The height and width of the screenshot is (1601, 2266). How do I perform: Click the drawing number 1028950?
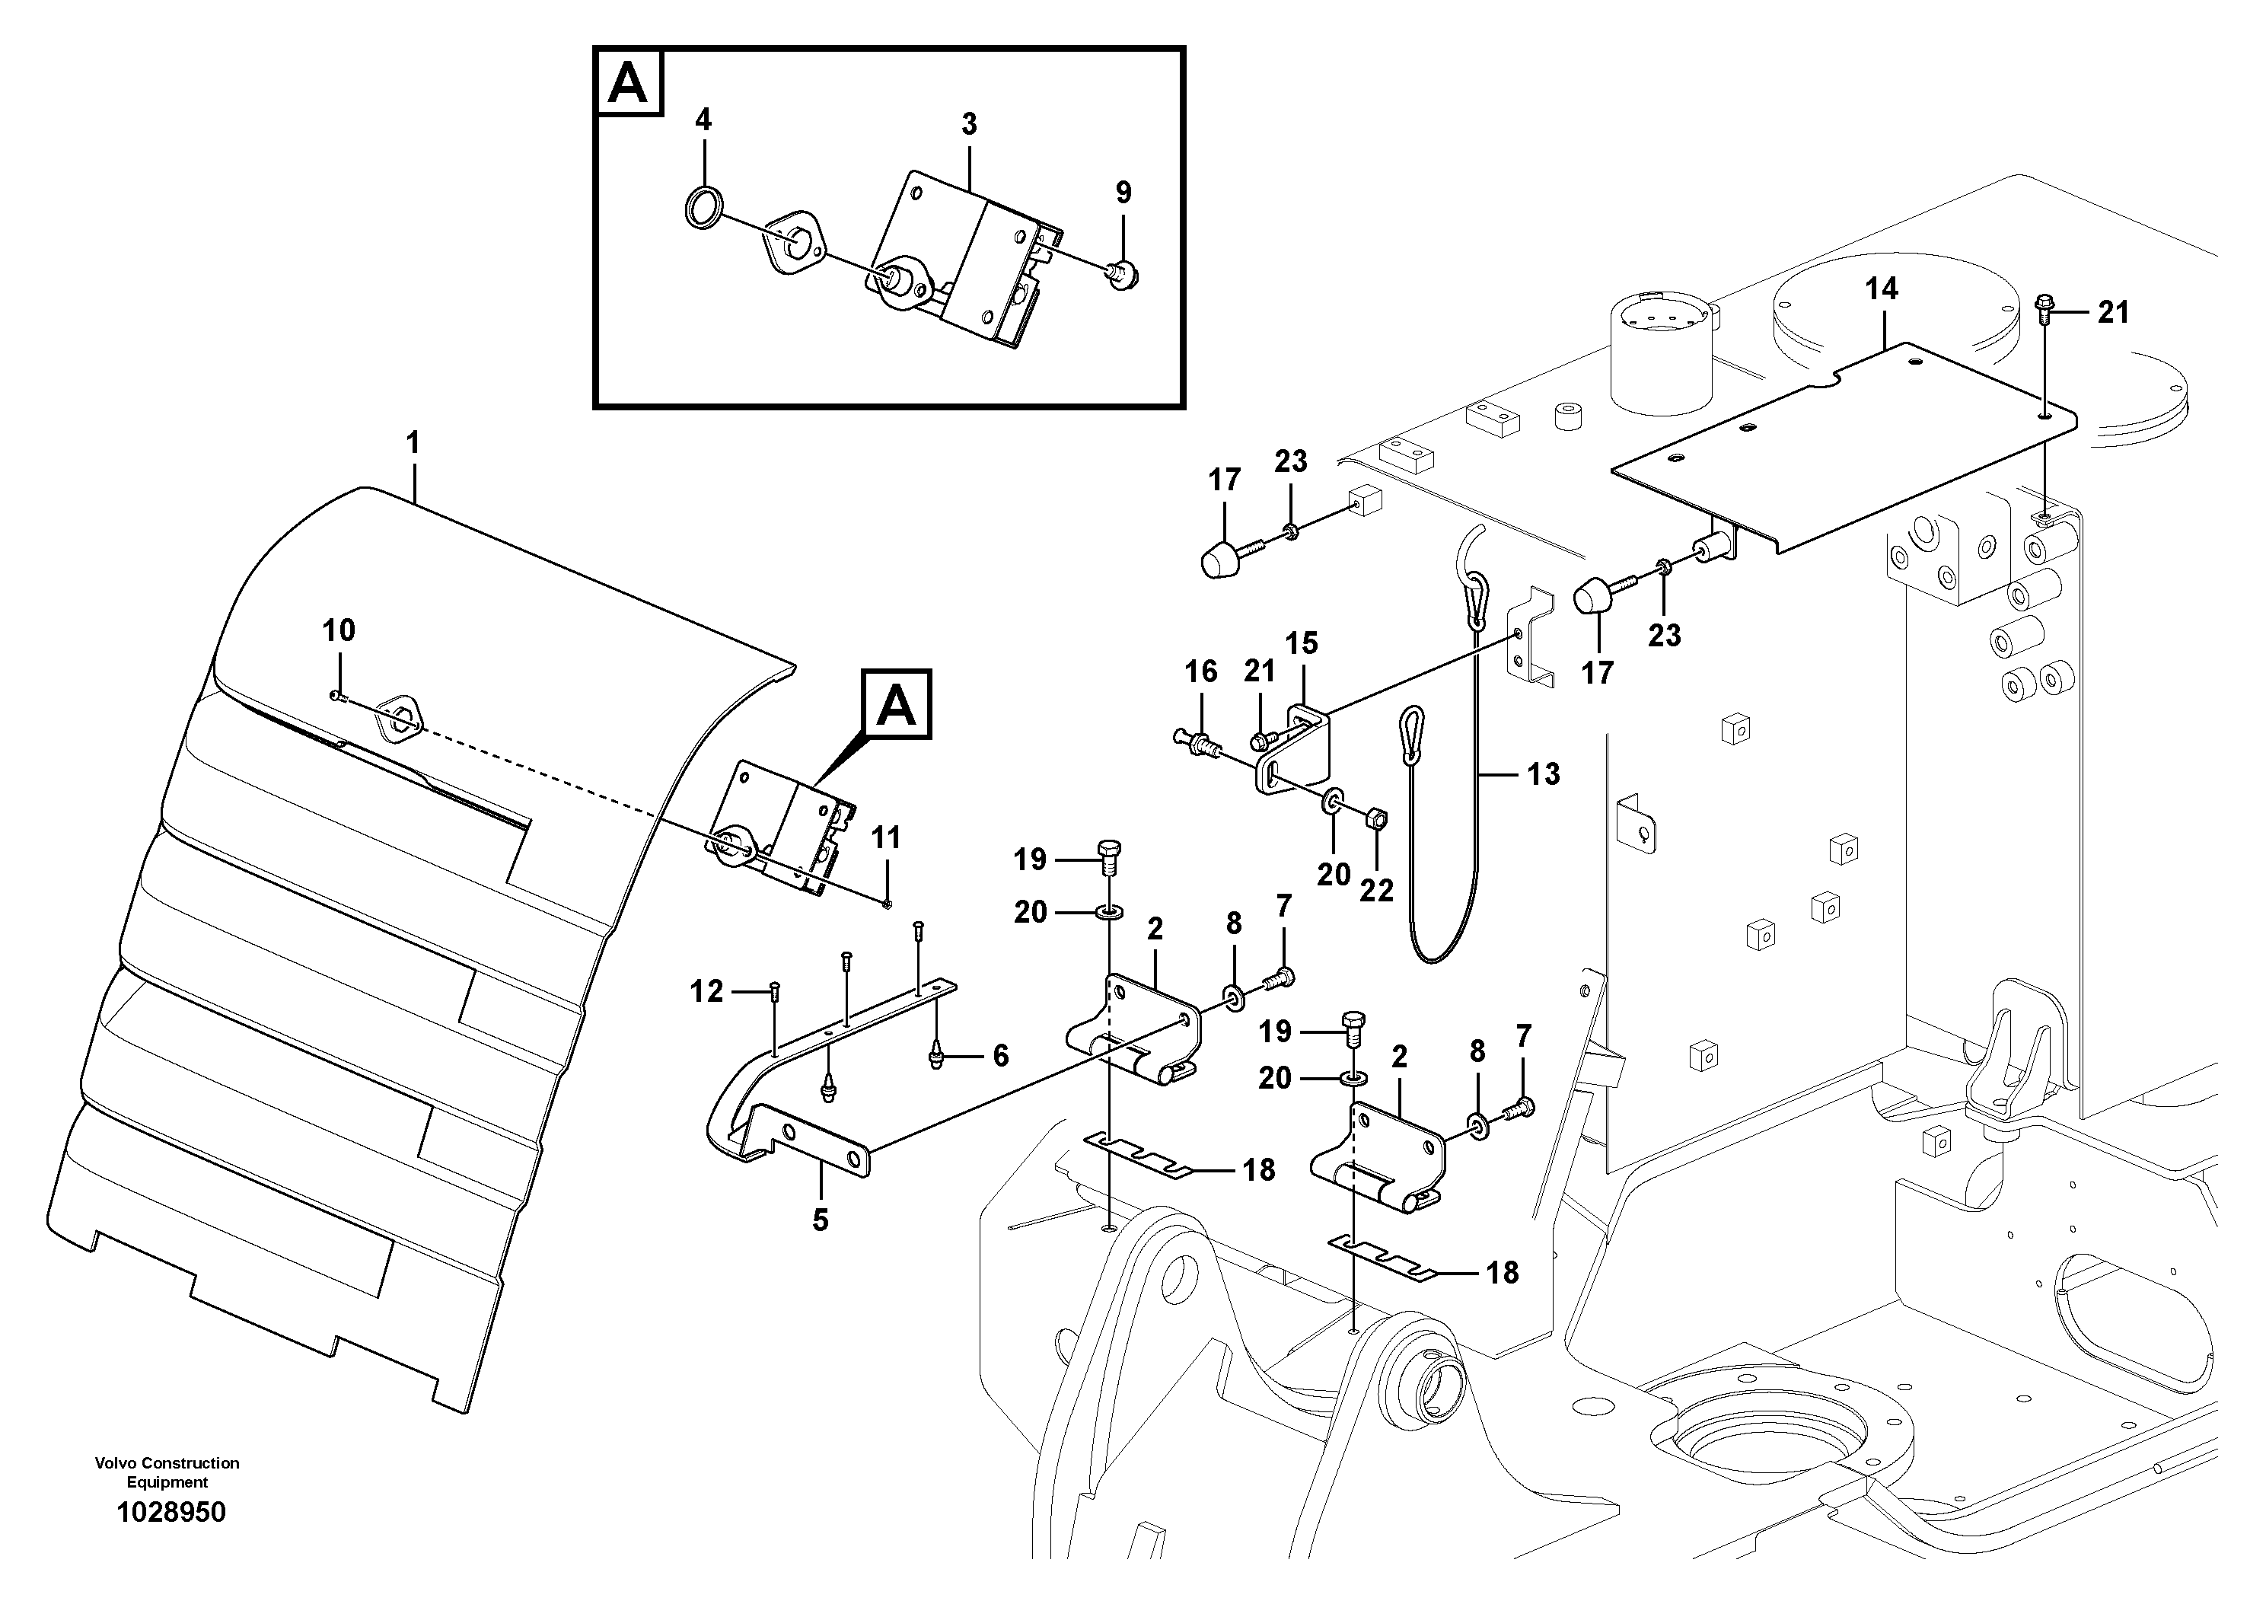(171, 1512)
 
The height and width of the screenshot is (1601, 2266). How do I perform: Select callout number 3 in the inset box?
(969, 124)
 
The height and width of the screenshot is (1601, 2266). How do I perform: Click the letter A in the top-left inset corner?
(629, 83)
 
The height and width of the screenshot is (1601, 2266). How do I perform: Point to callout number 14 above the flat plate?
(1881, 289)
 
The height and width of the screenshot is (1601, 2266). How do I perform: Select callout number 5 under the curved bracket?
(820, 1220)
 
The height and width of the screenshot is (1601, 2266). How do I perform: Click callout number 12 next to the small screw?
(706, 991)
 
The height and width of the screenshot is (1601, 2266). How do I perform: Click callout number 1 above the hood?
(413, 443)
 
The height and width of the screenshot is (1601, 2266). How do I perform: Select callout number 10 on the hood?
(339, 630)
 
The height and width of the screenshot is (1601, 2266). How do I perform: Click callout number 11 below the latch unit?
(885, 838)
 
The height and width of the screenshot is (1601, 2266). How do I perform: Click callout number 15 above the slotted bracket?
(1301, 643)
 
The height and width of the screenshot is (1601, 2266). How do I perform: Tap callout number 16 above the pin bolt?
(1200, 672)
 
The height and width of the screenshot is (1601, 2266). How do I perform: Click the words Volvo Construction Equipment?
(167, 1472)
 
